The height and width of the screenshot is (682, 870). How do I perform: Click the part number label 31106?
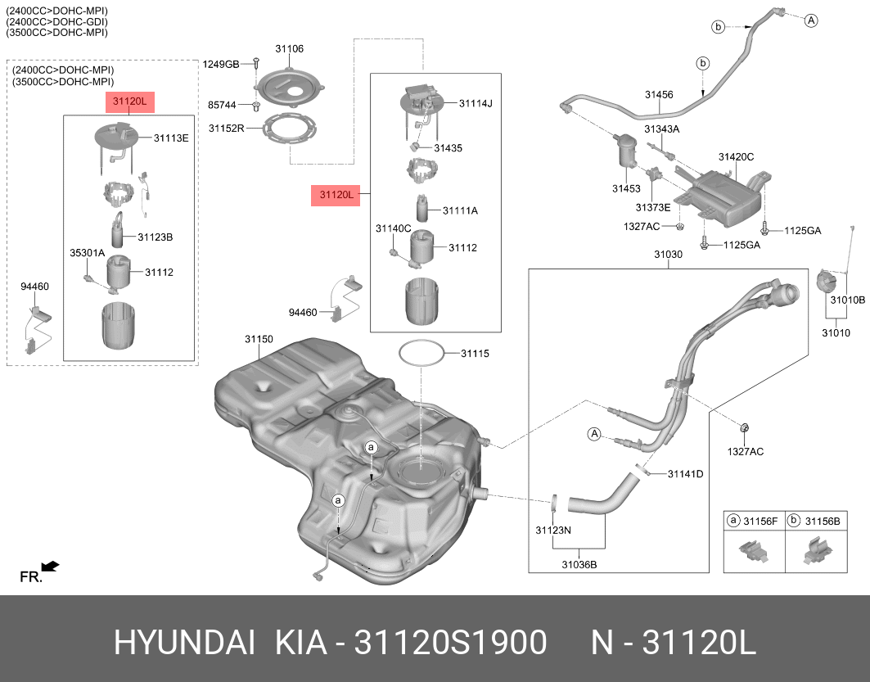tap(289, 49)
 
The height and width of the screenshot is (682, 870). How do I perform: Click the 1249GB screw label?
tap(221, 64)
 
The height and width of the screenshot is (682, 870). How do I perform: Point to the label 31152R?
tap(226, 129)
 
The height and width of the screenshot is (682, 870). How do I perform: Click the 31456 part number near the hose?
tap(658, 95)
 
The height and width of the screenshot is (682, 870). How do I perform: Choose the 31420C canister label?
tap(736, 156)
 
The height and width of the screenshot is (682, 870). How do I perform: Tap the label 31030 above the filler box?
tap(668, 255)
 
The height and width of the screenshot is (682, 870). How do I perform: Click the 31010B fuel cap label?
tap(847, 300)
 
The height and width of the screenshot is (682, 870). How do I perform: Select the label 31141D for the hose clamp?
tap(685, 474)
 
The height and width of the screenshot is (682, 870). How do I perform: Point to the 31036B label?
tap(579, 564)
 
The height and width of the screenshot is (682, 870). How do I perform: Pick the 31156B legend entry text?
tap(823, 521)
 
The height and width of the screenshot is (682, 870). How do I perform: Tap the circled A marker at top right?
tap(810, 20)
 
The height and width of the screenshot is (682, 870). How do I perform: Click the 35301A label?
tap(87, 254)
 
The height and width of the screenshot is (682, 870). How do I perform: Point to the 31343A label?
tap(661, 129)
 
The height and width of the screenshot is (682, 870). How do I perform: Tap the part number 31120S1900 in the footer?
tap(449, 643)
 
